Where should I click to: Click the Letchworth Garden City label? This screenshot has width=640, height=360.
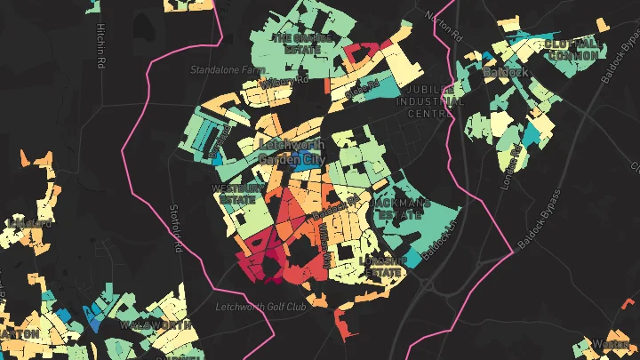pyautogui.click(x=292, y=151)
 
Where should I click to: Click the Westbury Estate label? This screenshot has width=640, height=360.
pyautogui.click(x=238, y=194)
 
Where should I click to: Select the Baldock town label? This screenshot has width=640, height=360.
pyautogui.click(x=507, y=71)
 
